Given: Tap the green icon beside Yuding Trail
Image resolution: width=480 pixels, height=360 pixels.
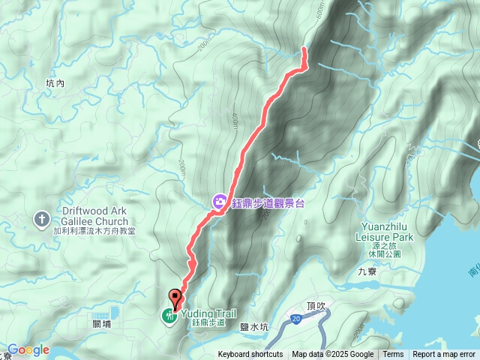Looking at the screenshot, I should (x=170, y=316).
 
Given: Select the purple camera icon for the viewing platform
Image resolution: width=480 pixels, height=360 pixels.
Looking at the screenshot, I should (x=219, y=201).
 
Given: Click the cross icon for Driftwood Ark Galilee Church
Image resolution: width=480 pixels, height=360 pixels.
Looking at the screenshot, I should (x=43, y=218).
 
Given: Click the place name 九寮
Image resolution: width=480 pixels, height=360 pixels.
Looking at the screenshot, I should (x=367, y=271).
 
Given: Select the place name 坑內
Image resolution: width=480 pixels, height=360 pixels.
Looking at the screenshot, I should (x=55, y=84).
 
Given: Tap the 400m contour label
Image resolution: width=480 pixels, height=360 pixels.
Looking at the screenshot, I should (x=234, y=119).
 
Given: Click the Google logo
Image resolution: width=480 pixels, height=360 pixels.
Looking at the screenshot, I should (x=28, y=349).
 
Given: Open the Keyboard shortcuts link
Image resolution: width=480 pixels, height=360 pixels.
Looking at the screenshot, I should (x=250, y=355).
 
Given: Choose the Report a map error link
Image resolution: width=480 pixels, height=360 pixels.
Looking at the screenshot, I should (x=444, y=355).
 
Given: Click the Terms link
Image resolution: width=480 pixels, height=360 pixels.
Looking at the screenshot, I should (x=393, y=355).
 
